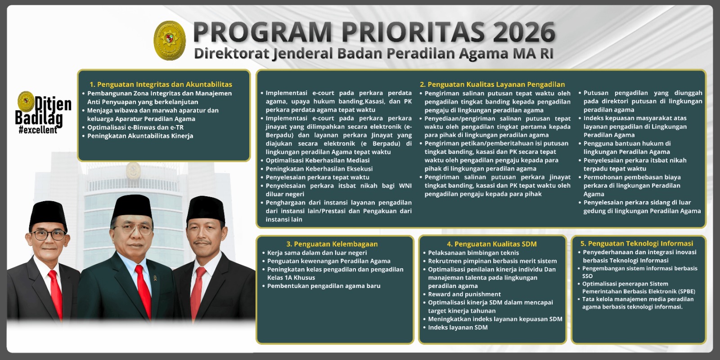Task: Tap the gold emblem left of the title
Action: pyautogui.click(x=170, y=40)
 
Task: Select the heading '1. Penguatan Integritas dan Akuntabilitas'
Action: pyautogui.click(x=161, y=84)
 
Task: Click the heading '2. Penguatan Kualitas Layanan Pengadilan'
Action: pyautogui.click(x=492, y=84)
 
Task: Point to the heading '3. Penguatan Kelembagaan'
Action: pyautogui.click(x=332, y=244)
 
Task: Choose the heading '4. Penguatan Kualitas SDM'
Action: pyautogui.click(x=491, y=244)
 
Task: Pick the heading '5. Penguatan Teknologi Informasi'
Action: pyautogui.click(x=636, y=243)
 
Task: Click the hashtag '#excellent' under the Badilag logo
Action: pyautogui.click(x=38, y=130)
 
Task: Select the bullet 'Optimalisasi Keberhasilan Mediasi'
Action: pyautogui.click(x=317, y=160)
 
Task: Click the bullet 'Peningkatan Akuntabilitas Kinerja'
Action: pyautogui.click(x=140, y=136)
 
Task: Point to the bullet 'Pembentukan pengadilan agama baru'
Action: pyautogui.click(x=324, y=286)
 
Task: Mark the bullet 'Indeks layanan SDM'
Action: pyautogui.click(x=458, y=327)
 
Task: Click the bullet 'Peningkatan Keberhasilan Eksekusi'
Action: pyautogui.click(x=319, y=169)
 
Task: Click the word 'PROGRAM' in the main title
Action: pyautogui.click(x=262, y=32)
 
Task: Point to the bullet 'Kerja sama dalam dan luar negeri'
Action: pyautogui.click(x=317, y=252)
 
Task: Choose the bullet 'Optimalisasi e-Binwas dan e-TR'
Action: pyautogui.click(x=135, y=127)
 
